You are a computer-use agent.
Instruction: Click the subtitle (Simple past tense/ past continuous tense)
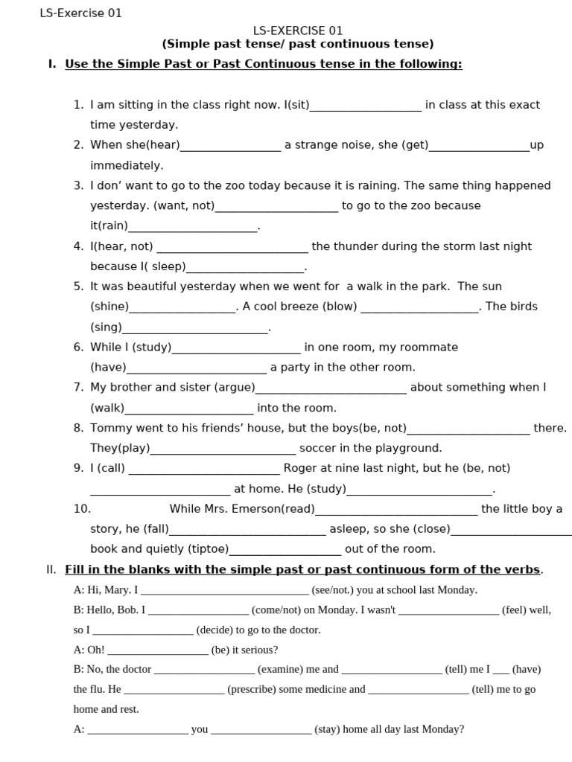click(298, 44)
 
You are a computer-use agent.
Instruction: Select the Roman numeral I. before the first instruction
click(51, 64)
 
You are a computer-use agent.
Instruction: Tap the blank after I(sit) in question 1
click(366, 106)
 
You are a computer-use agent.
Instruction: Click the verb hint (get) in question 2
click(415, 145)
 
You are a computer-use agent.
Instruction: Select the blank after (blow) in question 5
click(419, 307)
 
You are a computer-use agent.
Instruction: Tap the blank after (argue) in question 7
click(331, 388)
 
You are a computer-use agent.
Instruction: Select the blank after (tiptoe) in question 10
click(285, 550)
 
